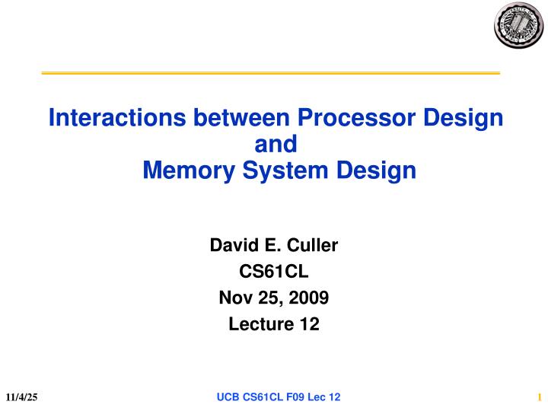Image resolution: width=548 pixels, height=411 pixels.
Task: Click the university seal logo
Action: click(x=518, y=24)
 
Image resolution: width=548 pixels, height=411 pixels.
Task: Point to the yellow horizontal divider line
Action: click(x=270, y=73)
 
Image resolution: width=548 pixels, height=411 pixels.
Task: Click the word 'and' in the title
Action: click(x=273, y=144)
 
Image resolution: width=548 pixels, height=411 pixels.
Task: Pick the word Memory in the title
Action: click(x=181, y=170)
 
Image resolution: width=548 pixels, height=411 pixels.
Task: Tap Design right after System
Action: click(x=374, y=170)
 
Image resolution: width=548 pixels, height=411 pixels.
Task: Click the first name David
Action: click(x=233, y=246)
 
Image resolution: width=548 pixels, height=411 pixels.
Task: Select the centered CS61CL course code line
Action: click(x=273, y=272)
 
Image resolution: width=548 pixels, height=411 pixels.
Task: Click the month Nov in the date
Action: click(x=233, y=298)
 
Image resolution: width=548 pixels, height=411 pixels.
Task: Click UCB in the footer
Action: click(x=229, y=397)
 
